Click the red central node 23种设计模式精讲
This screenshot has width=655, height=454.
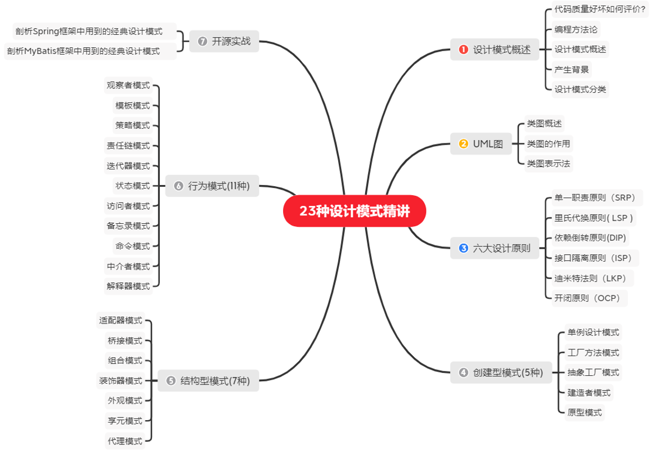click(355, 211)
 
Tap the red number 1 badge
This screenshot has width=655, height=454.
click(464, 50)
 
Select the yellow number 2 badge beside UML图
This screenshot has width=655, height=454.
click(464, 143)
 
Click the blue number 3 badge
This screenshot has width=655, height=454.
click(464, 248)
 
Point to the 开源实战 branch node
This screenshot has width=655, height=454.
click(224, 41)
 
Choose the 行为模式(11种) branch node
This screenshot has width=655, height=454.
click(212, 186)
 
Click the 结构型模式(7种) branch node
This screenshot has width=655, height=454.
click(208, 381)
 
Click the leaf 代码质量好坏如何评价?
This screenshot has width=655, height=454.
click(600, 9)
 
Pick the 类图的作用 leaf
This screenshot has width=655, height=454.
click(548, 143)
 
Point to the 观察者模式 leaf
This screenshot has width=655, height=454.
click(128, 86)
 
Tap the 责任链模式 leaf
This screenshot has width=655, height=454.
click(128, 146)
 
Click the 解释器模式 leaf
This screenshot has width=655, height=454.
click(128, 286)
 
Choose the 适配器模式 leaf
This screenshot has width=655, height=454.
click(120, 321)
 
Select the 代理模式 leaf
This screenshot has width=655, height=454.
click(125, 440)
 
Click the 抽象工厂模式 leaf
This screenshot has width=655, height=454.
click(593, 372)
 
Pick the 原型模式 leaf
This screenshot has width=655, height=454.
click(585, 412)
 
